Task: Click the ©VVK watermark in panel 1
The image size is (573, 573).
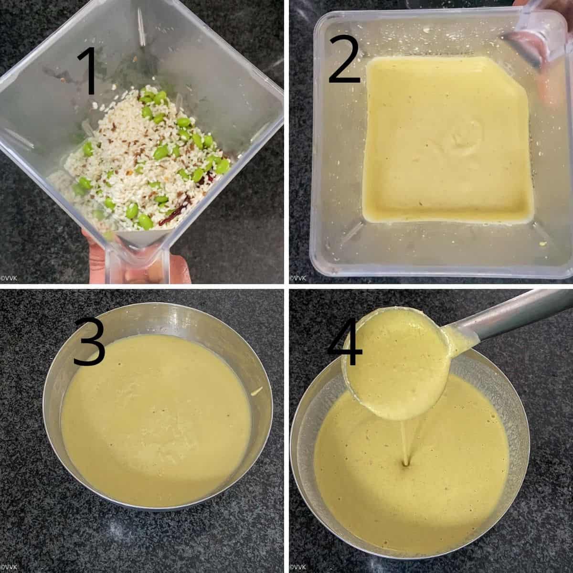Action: (9, 278)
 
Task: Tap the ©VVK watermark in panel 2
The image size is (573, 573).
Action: (297, 278)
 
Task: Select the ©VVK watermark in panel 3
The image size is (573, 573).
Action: (9, 567)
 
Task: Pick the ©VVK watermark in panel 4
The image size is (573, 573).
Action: (297, 567)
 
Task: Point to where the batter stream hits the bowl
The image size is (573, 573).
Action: (406, 472)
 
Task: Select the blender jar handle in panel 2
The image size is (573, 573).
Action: (538, 36)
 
